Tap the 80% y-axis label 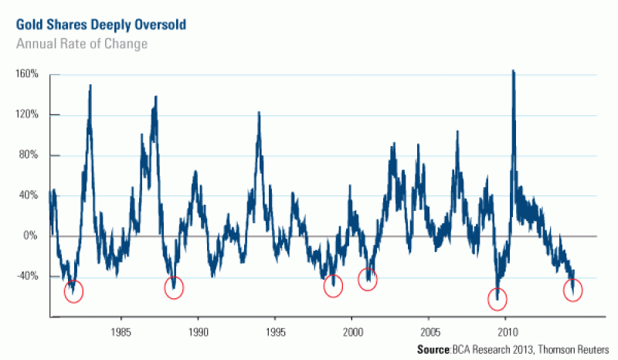pos(29,155)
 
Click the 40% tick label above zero pos(29,195)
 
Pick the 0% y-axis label pos(31,236)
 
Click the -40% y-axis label pos(27,276)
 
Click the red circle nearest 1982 pos(74,291)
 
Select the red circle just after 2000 pos(368,280)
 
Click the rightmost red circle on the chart pos(573,290)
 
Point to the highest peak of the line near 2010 pos(513,72)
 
